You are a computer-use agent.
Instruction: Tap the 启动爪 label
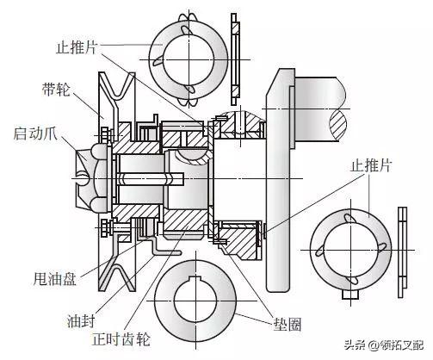[x=34, y=134]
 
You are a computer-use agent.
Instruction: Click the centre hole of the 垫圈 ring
[x=200, y=301]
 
